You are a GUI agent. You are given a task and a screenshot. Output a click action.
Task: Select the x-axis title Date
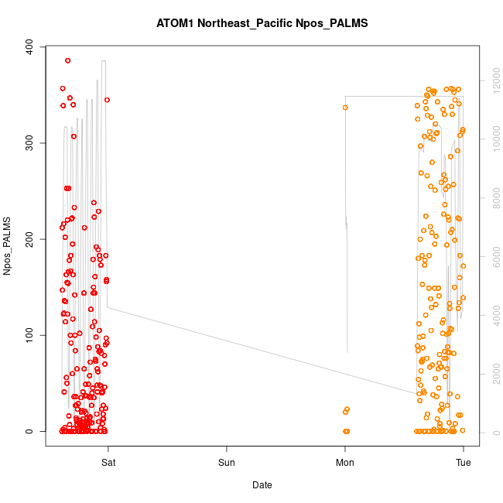(262, 485)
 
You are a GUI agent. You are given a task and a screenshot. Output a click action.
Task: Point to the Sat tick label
(108, 463)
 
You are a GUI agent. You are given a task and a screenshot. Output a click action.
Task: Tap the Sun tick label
(226, 463)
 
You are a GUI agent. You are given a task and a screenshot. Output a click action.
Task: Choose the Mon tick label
(344, 463)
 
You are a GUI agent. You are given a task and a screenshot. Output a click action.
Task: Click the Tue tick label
(463, 463)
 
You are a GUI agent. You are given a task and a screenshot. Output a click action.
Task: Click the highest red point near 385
(67, 60)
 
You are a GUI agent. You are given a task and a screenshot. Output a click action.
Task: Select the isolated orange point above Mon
(345, 108)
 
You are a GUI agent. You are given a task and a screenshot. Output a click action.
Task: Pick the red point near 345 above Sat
(107, 100)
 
